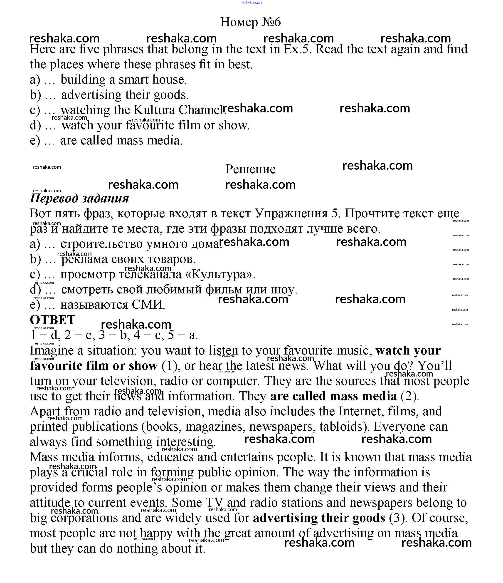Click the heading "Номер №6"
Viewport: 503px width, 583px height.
pyautogui.click(x=250, y=22)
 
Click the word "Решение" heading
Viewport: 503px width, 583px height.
pyautogui.click(x=250, y=169)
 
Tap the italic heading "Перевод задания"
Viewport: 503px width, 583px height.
pyautogui.click(x=79, y=198)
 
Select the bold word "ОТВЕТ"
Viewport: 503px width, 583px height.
pyautogui.click(x=53, y=320)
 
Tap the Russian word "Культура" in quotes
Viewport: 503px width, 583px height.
pyautogui.click(x=219, y=274)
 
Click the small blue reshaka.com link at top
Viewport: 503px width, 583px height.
pyautogui.click(x=252, y=2)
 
